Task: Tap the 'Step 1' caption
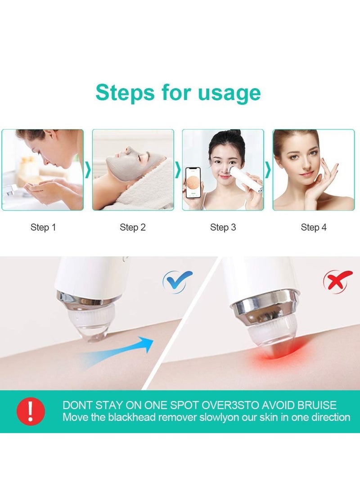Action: pos(43,227)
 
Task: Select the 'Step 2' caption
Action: pos(133,227)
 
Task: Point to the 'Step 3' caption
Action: pos(223,227)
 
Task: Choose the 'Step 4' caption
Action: pos(314,227)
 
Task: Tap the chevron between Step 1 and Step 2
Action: pos(88,170)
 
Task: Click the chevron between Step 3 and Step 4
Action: pos(268,170)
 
